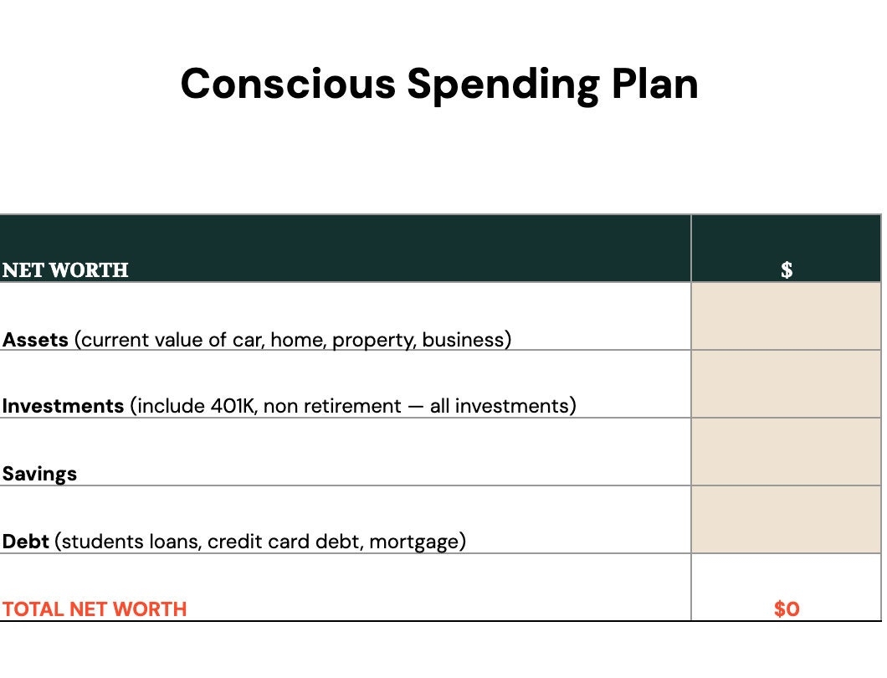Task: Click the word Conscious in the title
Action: click(288, 84)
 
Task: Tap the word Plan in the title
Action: click(655, 84)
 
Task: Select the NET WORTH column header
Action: click(65, 270)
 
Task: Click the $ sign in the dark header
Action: click(787, 270)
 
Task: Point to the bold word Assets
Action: click(35, 340)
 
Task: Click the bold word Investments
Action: click(63, 406)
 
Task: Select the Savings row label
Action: click(39, 474)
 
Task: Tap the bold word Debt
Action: click(25, 541)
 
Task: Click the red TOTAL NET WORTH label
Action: click(95, 609)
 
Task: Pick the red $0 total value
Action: click(787, 609)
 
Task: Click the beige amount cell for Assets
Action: click(786, 316)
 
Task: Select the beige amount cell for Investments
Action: click(786, 383)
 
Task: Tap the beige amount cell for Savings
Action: click(786, 452)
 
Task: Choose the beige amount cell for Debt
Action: click(786, 520)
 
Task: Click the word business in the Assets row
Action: click(463, 340)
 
